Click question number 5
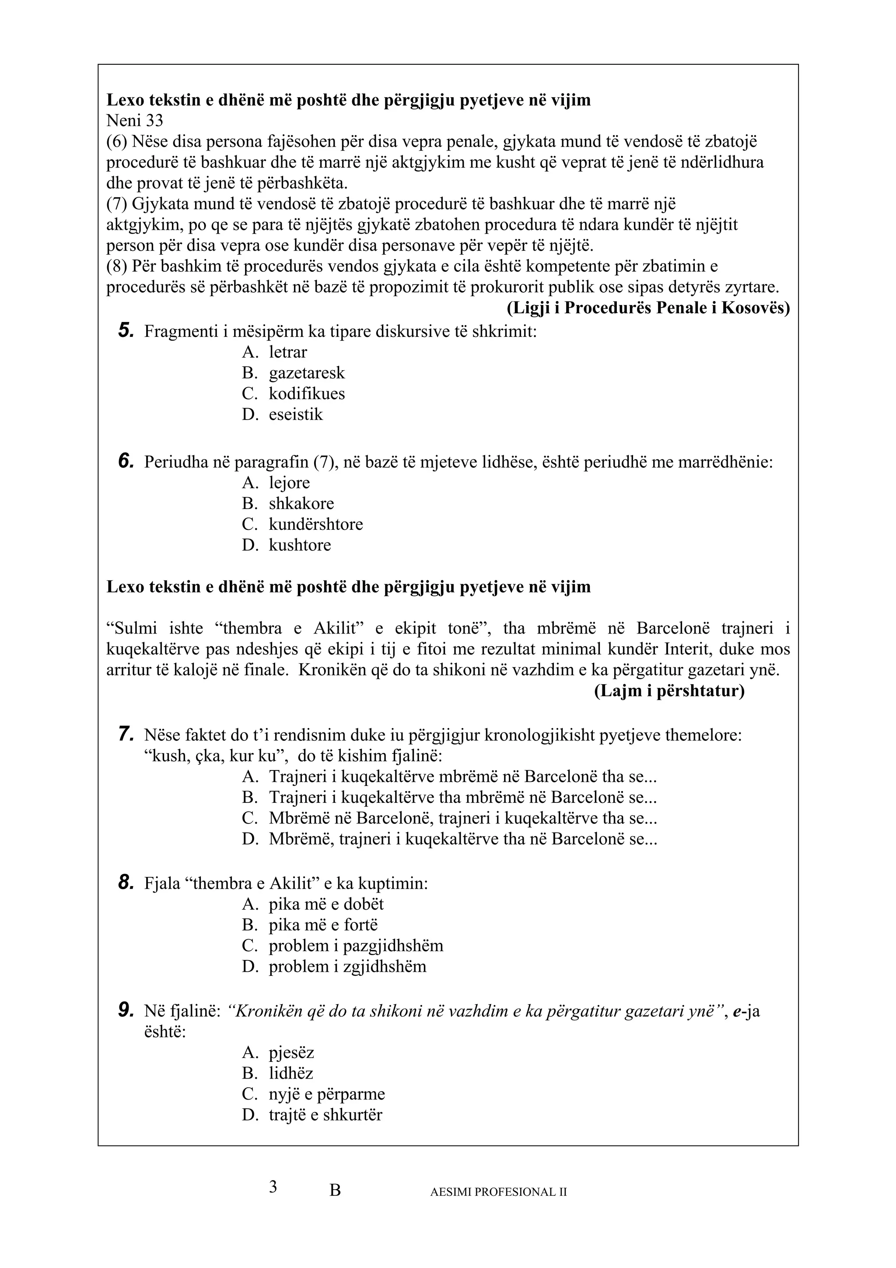(126, 331)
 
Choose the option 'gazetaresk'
(306, 373)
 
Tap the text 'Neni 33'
(135, 120)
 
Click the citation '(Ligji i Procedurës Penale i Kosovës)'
(648, 308)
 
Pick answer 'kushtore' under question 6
(300, 545)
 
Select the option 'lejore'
(289, 483)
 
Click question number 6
(126, 461)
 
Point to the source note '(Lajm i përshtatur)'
(669, 691)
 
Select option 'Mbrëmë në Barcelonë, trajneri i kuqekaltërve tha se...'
(462, 818)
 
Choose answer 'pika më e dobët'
(325, 904)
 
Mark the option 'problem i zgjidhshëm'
(347, 967)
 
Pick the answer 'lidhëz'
(291, 1073)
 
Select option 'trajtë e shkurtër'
(325, 1114)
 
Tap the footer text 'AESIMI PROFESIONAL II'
(498, 1192)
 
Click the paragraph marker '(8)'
(116, 266)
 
